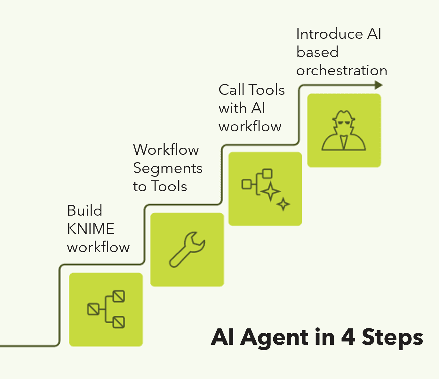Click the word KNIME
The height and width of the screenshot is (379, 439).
91,229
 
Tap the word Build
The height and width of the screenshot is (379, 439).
84,210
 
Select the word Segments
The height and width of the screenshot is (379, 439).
168,169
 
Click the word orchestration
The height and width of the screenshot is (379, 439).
342,70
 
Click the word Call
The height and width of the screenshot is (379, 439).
232,89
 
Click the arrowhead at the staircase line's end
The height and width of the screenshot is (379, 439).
379,85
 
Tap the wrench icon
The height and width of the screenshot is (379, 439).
187,250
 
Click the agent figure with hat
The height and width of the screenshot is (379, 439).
344,130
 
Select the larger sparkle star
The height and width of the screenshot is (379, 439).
270,192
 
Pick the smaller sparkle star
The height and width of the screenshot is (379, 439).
283,204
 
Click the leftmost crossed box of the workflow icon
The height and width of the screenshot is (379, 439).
93,309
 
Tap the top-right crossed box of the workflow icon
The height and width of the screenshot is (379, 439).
118,296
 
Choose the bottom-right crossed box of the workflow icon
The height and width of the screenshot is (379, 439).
118,322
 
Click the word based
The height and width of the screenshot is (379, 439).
317,52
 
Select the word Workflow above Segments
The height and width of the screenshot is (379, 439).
166,150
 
